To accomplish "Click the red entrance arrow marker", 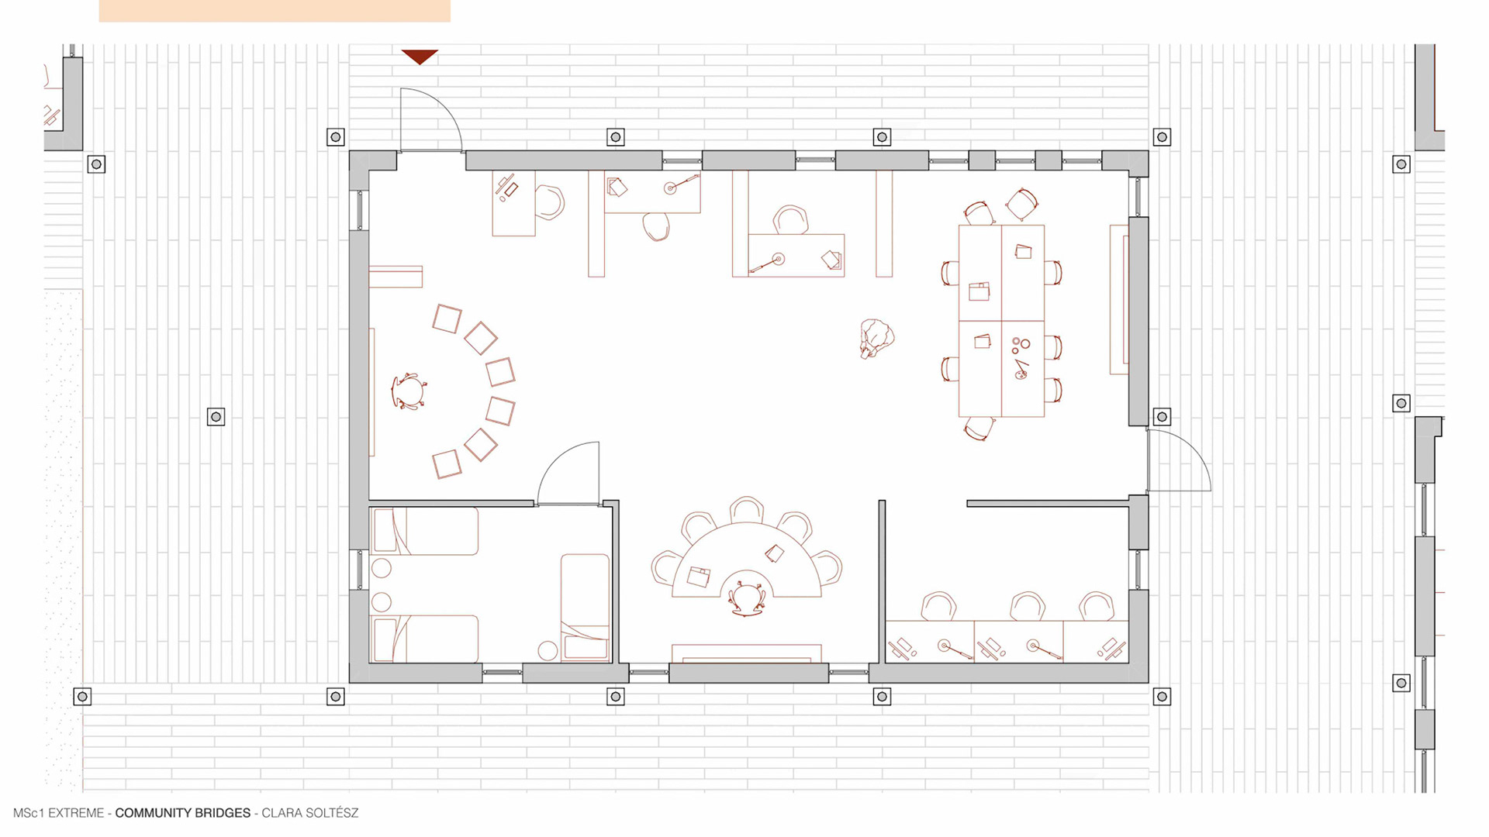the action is tap(420, 57).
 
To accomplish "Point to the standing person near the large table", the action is tap(876, 339).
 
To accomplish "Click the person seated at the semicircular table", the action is tap(746, 598).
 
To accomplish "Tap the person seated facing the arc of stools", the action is tap(409, 391).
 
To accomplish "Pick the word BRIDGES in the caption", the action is tap(226, 813).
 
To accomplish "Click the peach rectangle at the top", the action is tap(275, 11).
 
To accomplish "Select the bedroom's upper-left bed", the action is tap(425, 531).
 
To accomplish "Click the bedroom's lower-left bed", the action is tap(425, 639).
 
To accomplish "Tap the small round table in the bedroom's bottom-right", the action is tap(548, 650).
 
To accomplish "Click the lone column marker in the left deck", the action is tap(216, 417).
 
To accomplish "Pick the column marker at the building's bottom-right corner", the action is tap(1162, 697).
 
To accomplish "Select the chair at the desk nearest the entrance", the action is tap(550, 202).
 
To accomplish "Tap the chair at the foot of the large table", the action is tap(979, 428).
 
